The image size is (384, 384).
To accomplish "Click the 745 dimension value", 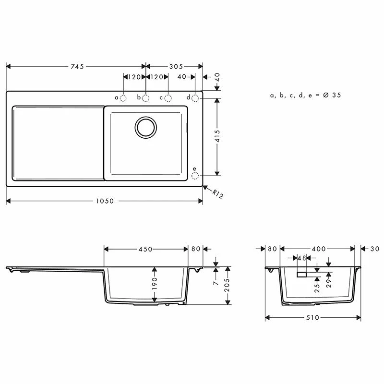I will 77,67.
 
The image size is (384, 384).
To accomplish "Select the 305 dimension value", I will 174,67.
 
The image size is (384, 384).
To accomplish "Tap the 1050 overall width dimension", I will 105,201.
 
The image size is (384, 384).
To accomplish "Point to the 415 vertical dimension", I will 217,137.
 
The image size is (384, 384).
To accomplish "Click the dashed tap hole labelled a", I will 123,98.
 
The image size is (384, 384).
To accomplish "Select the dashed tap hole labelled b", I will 145,98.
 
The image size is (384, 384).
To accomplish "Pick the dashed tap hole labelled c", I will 168,98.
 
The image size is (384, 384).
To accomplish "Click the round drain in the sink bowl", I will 145,127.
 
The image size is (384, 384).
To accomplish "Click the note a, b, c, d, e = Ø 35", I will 305,96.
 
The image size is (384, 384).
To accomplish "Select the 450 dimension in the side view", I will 145,249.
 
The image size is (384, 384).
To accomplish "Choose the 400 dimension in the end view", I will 318,249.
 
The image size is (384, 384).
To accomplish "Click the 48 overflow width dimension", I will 301,258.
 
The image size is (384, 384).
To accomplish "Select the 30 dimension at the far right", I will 375,249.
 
